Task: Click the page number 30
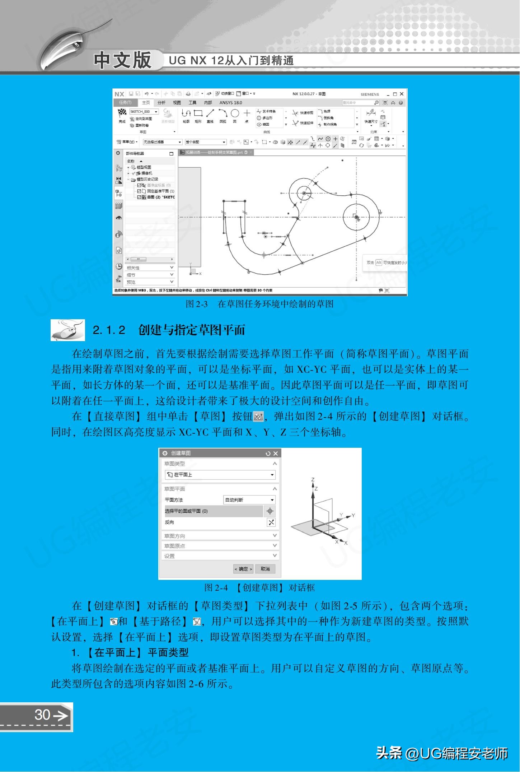[42, 715]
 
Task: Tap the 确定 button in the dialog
[243, 569]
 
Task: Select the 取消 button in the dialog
[265, 569]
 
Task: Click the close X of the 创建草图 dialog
[275, 454]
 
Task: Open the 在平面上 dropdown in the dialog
[220, 475]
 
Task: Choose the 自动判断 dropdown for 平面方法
[249, 500]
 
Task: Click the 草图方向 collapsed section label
[175, 536]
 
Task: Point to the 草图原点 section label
[175, 546]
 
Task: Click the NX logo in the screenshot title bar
[119, 94]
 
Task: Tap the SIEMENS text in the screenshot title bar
[370, 94]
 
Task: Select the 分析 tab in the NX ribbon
[161, 103]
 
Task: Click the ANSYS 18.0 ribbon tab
[231, 103]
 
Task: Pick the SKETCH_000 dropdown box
[144, 112]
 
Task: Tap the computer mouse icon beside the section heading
[68, 330]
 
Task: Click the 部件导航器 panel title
[135, 154]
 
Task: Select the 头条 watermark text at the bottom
[389, 753]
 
